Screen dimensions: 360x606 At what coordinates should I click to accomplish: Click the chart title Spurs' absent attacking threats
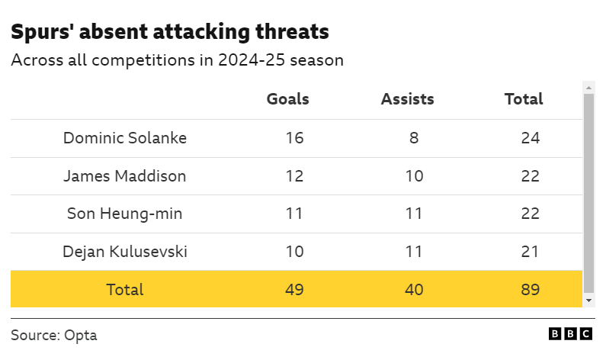pos(170,31)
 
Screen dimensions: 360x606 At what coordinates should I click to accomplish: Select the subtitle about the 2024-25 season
pos(177,60)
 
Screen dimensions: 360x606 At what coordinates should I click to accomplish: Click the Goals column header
pos(287,99)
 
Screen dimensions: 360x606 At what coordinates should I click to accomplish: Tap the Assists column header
pos(407,99)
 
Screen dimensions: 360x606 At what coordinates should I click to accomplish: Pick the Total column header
pos(524,99)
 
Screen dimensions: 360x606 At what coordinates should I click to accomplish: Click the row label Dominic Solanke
pos(125,138)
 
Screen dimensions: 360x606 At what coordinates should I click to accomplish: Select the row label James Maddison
pos(125,176)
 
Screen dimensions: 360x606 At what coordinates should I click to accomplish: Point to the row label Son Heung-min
pos(125,214)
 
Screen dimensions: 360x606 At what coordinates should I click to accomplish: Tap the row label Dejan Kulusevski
pos(125,252)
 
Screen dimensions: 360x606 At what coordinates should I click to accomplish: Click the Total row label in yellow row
pos(125,290)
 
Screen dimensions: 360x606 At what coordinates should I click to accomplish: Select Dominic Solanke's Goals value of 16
pos(294,138)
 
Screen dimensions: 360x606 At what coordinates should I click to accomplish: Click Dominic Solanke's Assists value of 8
pos(413,138)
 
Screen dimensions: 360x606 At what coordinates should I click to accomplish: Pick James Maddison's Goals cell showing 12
pos(294,176)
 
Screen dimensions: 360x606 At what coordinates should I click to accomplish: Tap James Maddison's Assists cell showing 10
pos(413,176)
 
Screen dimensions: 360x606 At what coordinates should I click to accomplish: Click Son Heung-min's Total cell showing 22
pos(531,214)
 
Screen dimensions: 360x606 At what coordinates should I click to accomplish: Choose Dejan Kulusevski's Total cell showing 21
pos(531,252)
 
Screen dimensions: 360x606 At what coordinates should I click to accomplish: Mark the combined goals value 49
pos(294,290)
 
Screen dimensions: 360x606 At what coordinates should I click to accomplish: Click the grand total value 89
pos(531,290)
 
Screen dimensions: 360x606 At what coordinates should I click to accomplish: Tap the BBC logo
pos(571,334)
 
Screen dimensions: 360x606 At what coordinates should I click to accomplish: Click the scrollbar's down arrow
pos(588,301)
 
